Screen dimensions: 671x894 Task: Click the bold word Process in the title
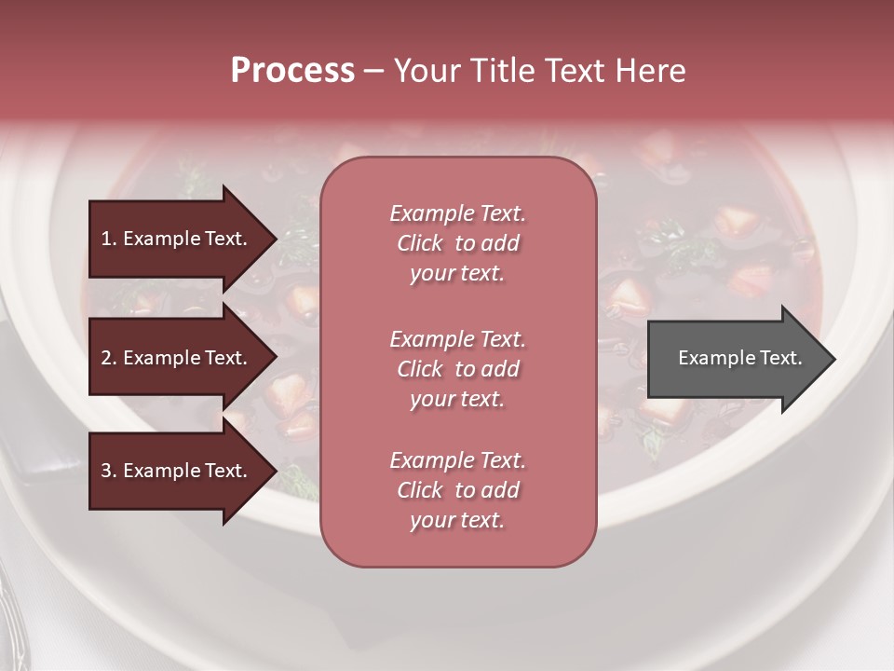(292, 71)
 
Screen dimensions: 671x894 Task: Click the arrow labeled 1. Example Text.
(177, 239)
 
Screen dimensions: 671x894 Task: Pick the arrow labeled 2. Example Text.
(177, 358)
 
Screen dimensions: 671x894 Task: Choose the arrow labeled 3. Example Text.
(177, 471)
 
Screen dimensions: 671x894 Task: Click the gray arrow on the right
(736, 359)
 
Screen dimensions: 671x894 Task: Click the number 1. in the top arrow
(109, 239)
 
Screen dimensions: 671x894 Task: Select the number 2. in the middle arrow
(109, 358)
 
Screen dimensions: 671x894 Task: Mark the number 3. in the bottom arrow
(109, 471)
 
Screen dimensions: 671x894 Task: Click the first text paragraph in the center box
(457, 243)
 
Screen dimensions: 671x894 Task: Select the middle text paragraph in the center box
(457, 369)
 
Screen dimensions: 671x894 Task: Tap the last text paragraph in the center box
(457, 490)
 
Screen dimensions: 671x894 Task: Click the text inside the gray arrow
(739, 358)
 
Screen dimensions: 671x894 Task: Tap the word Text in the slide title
(572, 71)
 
